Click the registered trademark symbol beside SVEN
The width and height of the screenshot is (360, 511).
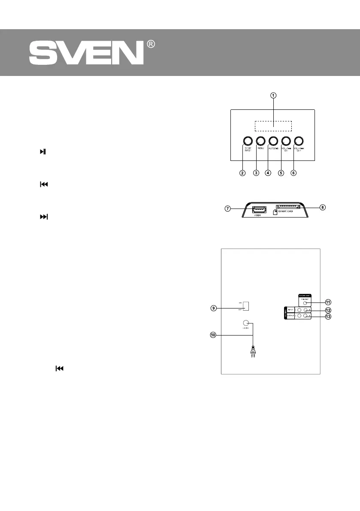pyautogui.click(x=151, y=44)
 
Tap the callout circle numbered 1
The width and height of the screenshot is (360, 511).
pyautogui.click(x=273, y=95)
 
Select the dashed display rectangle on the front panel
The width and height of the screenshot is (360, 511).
pyautogui.click(x=273, y=126)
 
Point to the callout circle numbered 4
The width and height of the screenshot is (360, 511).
pyautogui.click(x=268, y=173)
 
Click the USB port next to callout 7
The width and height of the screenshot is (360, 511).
pyautogui.click(x=259, y=210)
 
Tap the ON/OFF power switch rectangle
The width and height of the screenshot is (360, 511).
pyautogui.click(x=246, y=306)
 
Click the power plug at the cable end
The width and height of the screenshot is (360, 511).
pyautogui.click(x=254, y=353)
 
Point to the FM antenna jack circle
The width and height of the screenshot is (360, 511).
pyautogui.click(x=304, y=303)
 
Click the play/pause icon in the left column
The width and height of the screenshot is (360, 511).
pyautogui.click(x=43, y=152)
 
